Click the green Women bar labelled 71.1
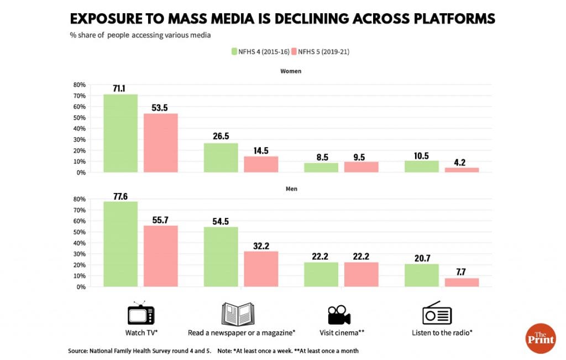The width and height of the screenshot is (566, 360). click(x=120, y=133)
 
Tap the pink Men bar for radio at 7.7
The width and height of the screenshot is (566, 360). click(x=462, y=282)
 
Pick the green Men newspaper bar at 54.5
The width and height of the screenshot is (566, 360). click(x=221, y=257)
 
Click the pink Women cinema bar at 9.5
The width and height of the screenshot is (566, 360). click(x=361, y=167)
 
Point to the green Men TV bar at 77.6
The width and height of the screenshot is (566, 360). click(x=120, y=244)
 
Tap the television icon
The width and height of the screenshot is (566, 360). click(x=141, y=314)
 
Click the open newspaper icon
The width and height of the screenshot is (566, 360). click(x=238, y=314)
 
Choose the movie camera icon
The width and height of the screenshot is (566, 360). click(x=339, y=314)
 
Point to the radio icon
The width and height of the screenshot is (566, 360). click(x=437, y=314)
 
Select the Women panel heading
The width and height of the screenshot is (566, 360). click(x=291, y=71)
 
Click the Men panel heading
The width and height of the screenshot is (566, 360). click(x=291, y=189)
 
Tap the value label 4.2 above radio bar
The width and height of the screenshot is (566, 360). click(x=462, y=163)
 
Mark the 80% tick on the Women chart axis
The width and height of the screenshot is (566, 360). click(x=78, y=85)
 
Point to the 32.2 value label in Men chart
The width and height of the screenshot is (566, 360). click(x=261, y=245)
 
